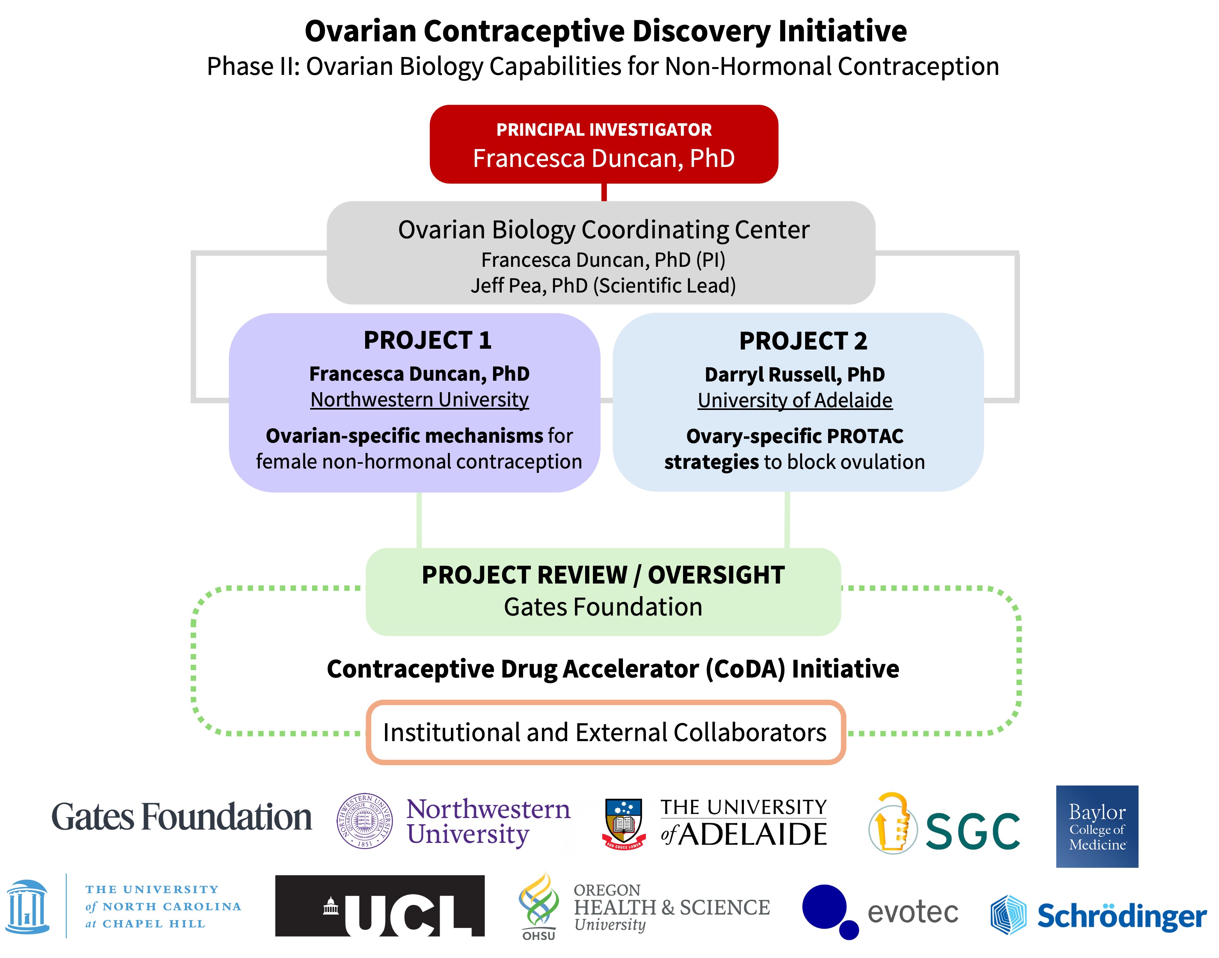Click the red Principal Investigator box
603,144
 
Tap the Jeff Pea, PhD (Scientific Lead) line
603,286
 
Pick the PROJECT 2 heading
803,341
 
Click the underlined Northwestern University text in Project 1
420,400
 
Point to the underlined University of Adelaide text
795,401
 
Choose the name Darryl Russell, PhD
795,374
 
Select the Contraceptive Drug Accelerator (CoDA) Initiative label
612,669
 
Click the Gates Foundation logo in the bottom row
182,817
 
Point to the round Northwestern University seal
365,821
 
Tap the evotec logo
881,912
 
